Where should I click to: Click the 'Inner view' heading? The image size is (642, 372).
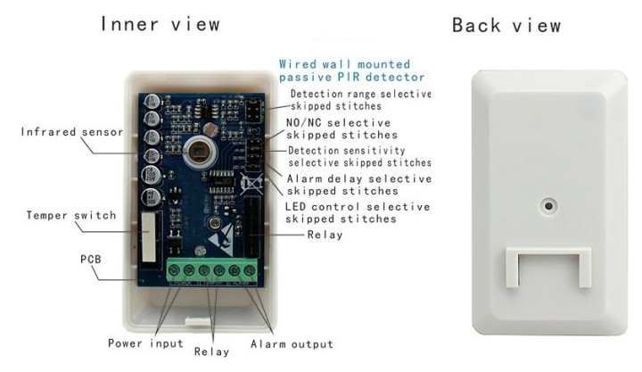coord(160,24)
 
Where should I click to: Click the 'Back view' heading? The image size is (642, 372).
coord(506,25)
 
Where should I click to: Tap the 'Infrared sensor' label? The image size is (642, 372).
coord(72,132)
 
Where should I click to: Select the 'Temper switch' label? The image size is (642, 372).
coord(71,216)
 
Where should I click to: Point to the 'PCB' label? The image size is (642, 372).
coord(90,260)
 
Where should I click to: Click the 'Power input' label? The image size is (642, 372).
coord(145,343)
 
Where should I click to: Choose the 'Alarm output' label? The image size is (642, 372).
coord(292,344)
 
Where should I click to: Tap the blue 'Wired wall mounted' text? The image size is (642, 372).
coord(344,64)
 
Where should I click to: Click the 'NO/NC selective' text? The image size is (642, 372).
coord(338,123)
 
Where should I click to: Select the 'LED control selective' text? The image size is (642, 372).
coord(358,206)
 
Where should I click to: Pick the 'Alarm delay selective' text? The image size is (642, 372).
coord(359,178)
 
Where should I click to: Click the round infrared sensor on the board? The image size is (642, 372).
coord(199,152)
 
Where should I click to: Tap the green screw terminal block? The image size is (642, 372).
coord(212,269)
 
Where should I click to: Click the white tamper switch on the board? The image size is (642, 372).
coord(149,237)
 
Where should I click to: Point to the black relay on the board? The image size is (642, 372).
coord(251,227)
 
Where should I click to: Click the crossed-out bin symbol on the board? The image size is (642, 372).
coord(251,183)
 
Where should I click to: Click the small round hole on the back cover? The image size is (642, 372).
coord(548,205)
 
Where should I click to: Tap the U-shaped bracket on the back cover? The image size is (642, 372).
coord(548,252)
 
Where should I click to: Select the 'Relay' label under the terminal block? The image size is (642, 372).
coord(211,351)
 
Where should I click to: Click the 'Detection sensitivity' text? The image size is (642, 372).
coord(346,151)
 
